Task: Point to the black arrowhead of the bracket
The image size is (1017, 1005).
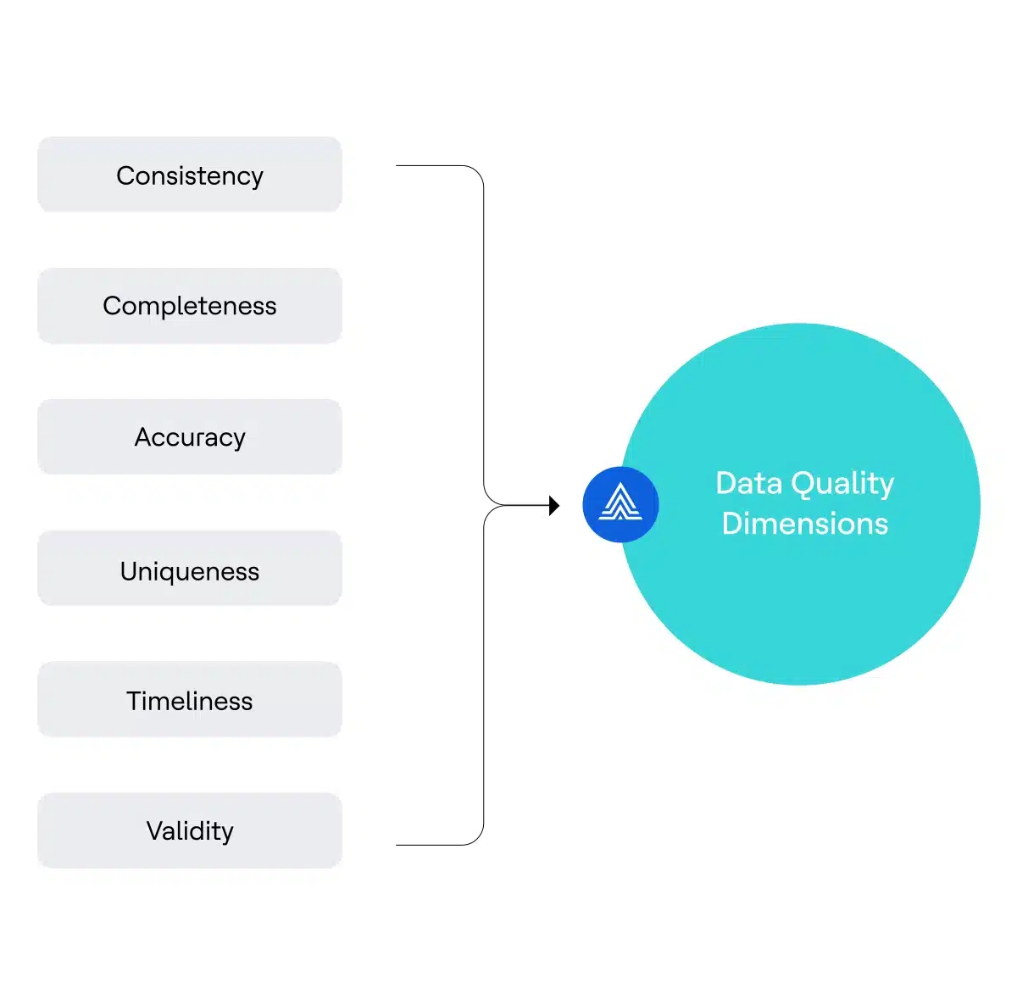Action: point(554,506)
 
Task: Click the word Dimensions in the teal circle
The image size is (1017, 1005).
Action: point(804,524)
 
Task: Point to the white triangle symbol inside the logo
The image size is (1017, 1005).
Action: point(620,502)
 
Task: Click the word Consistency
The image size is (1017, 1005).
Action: point(190,175)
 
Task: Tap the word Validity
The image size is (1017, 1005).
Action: point(190,831)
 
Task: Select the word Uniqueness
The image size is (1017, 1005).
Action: point(190,572)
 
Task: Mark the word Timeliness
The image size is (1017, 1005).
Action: point(190,701)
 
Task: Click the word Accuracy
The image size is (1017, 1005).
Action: point(190,437)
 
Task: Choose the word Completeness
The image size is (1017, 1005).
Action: point(190,306)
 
